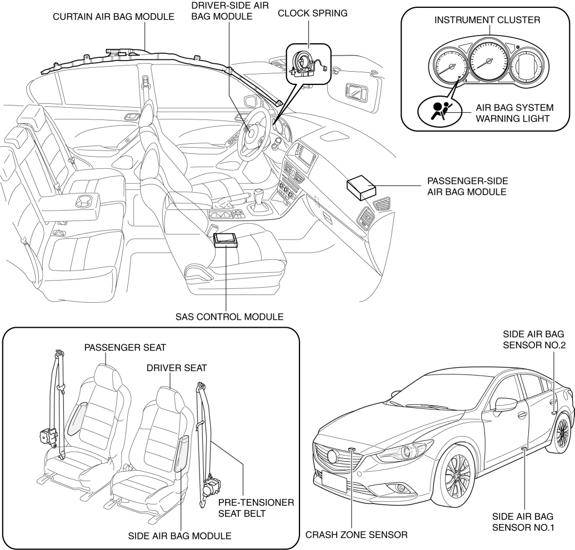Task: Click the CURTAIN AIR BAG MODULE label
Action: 113,17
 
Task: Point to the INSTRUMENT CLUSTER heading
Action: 487,20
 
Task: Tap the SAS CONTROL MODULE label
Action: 227,317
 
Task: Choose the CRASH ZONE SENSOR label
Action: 357,536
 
